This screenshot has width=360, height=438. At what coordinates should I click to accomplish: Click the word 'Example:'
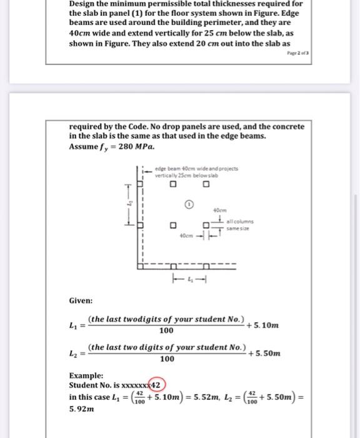[86, 375]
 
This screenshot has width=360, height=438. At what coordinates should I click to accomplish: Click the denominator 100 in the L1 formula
[166, 331]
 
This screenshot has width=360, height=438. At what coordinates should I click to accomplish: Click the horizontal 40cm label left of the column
[186, 237]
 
